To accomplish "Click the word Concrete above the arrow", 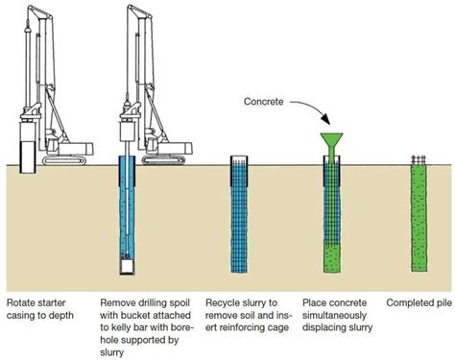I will pos(263,97).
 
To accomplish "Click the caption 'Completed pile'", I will pos(418,303).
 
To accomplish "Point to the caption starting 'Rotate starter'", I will pos(41,309).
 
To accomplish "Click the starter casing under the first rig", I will pos(28,155).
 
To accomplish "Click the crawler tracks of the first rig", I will pos(67,153).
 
